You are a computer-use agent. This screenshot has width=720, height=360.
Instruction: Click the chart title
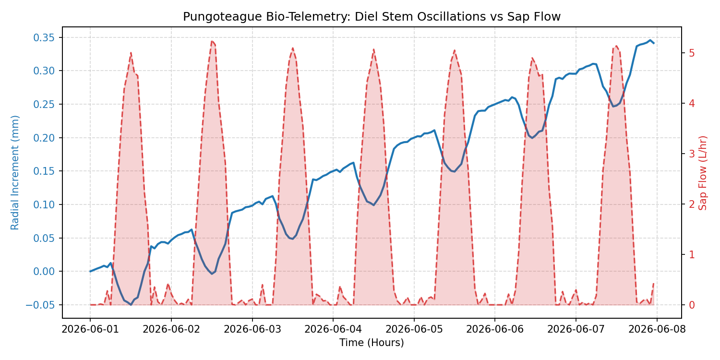[x=372, y=17]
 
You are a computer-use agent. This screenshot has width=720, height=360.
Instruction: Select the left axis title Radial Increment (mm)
[x=15, y=172]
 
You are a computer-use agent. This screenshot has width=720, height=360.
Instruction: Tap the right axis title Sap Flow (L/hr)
[x=703, y=172]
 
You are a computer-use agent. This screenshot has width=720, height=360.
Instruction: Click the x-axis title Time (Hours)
[x=372, y=343]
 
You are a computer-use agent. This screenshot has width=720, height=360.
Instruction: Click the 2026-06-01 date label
[x=90, y=329]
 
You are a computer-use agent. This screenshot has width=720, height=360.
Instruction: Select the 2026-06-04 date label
[x=333, y=329]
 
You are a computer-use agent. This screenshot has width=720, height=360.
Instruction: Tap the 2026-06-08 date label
[x=657, y=329]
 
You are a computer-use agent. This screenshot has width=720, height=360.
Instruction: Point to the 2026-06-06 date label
[x=495, y=329]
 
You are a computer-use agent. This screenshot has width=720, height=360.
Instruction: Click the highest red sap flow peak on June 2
[x=212, y=41]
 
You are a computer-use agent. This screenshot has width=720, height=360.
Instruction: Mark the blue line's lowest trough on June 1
[x=131, y=304]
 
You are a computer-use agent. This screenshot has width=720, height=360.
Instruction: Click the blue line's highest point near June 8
[x=650, y=40]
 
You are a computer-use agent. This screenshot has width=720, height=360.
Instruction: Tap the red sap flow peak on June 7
[x=616, y=46]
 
